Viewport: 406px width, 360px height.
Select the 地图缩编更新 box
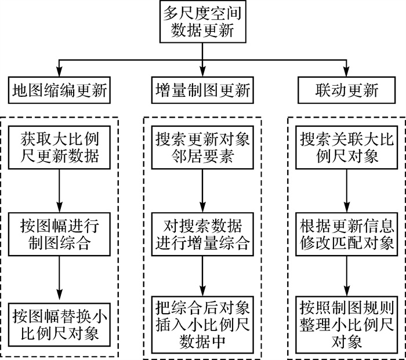point(60,90)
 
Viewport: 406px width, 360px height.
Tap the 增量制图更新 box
point(203,90)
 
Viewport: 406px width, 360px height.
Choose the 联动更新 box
point(346,90)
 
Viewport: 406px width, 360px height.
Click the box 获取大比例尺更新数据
point(60,148)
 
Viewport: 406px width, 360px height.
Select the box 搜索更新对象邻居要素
point(203,148)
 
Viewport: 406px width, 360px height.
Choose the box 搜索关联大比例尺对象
point(346,148)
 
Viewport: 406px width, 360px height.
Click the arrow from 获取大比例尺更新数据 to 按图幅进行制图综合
point(60,191)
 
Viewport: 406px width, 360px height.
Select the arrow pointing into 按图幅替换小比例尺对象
point(60,276)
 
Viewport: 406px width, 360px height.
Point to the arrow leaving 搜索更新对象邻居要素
point(203,191)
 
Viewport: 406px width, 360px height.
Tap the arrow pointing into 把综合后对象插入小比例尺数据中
point(203,276)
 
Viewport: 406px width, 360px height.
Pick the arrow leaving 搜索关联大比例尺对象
point(346,191)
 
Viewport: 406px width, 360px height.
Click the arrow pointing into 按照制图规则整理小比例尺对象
point(346,276)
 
